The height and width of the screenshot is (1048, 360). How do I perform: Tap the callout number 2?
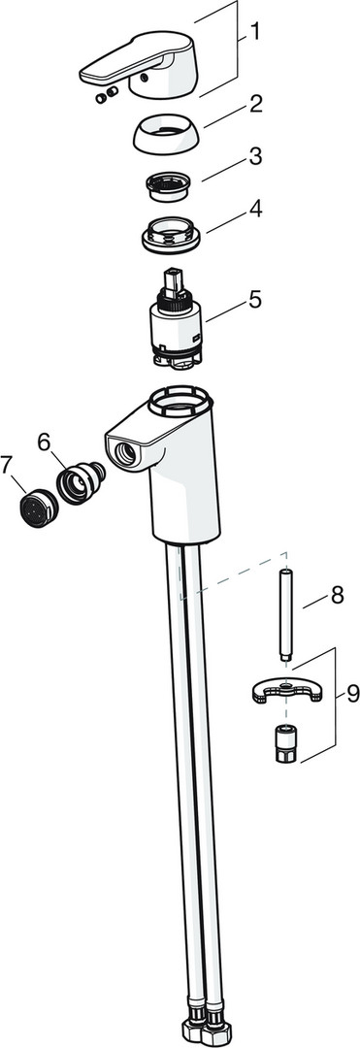pos(255,104)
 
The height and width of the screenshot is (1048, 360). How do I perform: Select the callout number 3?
pos(255,157)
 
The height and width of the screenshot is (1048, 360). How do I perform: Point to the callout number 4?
pos(255,210)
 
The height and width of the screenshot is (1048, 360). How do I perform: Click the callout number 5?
pos(254,300)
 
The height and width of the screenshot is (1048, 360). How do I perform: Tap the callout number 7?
pos(8,466)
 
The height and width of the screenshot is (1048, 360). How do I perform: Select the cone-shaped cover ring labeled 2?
pos(164,133)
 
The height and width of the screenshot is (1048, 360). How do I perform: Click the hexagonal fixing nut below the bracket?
pos(285,743)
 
